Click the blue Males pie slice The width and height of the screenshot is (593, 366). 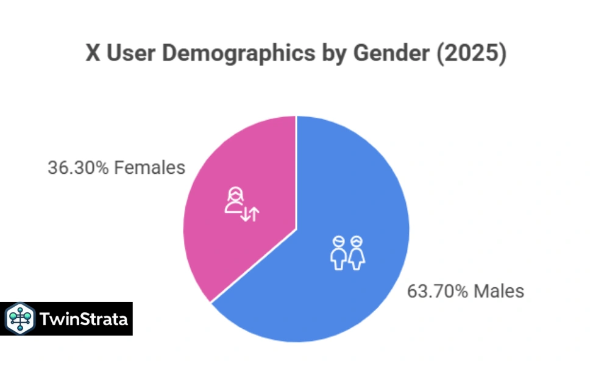tap(341, 287)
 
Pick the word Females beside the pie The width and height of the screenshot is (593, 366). tap(149, 168)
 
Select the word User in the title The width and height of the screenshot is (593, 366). tap(129, 54)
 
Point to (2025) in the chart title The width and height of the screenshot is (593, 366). tap(475, 54)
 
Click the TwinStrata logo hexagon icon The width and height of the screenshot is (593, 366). tap(20, 319)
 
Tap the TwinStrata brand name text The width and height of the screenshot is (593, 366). tap(84, 319)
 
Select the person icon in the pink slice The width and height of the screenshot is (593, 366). tap(234, 201)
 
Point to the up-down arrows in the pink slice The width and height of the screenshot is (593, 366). tap(250, 213)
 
